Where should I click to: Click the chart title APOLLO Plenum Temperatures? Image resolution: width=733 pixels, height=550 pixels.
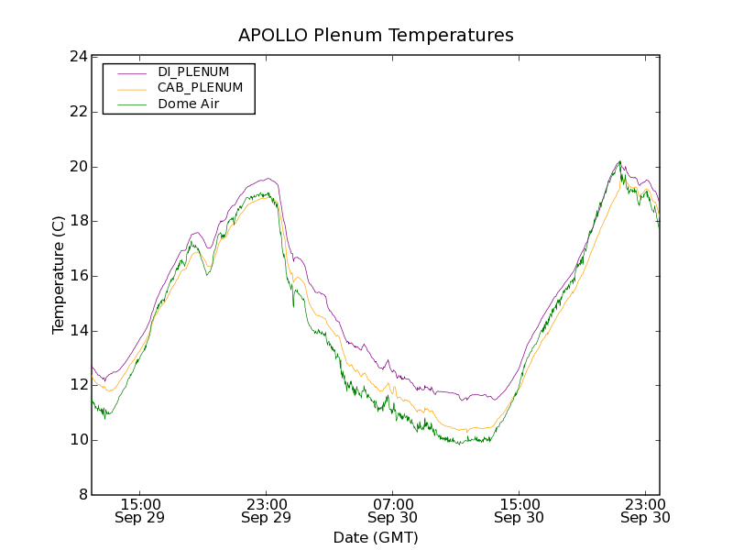(x=376, y=36)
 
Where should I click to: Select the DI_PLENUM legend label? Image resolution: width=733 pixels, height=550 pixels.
(x=193, y=71)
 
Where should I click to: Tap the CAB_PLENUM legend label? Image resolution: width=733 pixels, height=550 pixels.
(x=200, y=88)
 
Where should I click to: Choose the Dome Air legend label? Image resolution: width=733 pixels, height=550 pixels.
(x=188, y=104)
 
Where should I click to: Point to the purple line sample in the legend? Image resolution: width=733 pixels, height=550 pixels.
(x=131, y=71)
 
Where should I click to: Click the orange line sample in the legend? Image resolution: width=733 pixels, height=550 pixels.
(x=131, y=88)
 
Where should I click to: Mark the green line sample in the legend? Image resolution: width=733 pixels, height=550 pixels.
(x=131, y=104)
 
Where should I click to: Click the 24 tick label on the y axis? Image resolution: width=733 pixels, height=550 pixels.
(x=77, y=57)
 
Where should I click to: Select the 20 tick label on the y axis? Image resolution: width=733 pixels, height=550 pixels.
(x=77, y=167)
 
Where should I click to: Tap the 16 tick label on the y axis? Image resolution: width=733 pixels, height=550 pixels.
(x=77, y=276)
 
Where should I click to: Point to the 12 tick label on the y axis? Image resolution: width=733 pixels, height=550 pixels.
(x=77, y=385)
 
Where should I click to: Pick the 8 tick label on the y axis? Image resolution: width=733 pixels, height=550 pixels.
(x=81, y=495)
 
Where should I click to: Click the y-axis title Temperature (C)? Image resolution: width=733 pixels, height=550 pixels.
(x=59, y=275)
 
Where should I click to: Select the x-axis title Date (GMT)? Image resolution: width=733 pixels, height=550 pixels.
(x=376, y=537)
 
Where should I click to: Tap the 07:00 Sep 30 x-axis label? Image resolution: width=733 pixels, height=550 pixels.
(x=392, y=511)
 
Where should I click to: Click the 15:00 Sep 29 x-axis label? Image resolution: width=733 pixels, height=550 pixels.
(x=140, y=511)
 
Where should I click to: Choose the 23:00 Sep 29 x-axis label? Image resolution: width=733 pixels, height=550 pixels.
(x=266, y=511)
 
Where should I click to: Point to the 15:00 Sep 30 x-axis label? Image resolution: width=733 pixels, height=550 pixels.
(x=519, y=511)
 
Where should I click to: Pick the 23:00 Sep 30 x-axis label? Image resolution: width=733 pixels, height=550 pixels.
(x=644, y=511)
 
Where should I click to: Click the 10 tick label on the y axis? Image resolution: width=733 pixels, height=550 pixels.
(x=77, y=440)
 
